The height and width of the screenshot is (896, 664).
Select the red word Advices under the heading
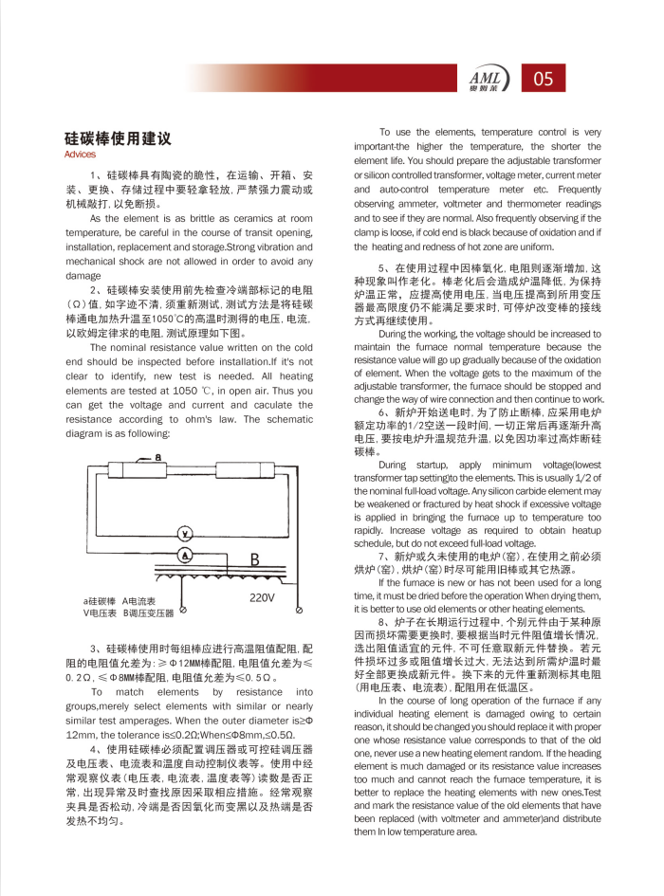click(x=80, y=155)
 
